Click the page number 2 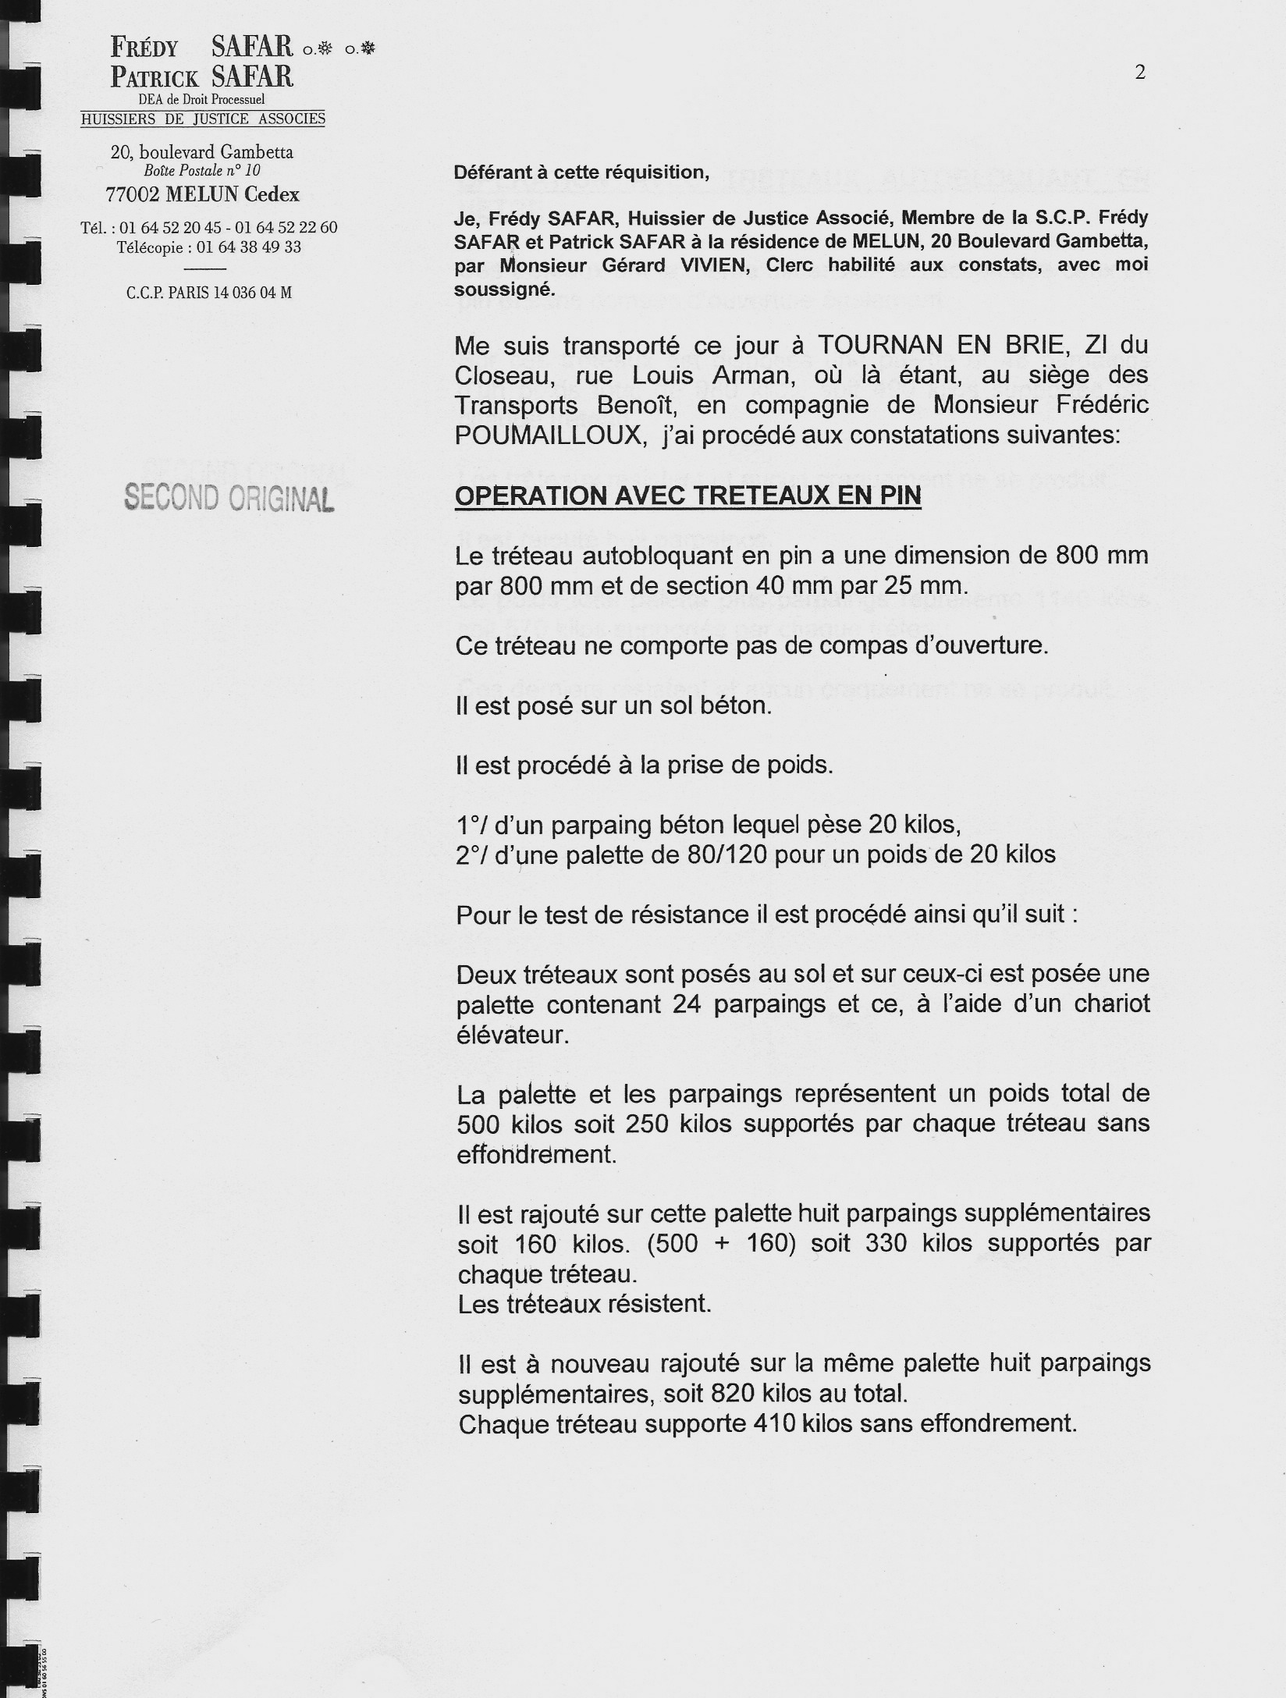click(1140, 73)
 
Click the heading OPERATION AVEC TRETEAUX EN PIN click(687, 496)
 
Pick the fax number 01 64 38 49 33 click(249, 247)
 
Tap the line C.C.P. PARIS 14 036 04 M click(209, 293)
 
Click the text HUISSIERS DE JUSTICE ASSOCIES click(203, 119)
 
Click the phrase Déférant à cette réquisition click(581, 172)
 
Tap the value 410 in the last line click(774, 1424)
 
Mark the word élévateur click(510, 1035)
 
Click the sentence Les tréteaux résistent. click(584, 1304)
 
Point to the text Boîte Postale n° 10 click(202, 171)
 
